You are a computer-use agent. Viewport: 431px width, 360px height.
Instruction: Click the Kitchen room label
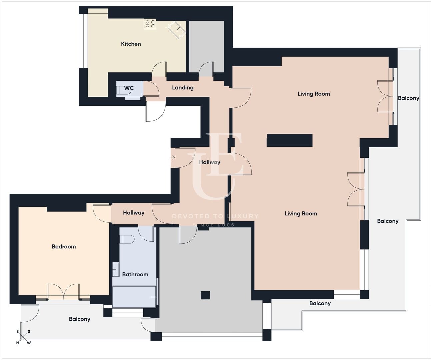tap(131, 44)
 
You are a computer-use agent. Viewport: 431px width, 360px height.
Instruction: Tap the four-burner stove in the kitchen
tap(150, 24)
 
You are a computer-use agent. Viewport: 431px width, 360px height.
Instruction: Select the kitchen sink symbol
tap(177, 30)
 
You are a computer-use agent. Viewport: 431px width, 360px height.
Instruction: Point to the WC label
tap(129, 88)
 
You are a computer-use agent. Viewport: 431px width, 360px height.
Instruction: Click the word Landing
tap(183, 88)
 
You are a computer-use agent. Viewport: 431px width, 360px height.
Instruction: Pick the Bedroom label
tap(64, 246)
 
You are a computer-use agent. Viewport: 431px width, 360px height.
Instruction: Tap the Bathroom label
tap(135, 274)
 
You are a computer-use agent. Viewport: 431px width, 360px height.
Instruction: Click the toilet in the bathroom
tap(127, 239)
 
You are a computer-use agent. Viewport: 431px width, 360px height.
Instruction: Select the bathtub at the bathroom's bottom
tap(134, 297)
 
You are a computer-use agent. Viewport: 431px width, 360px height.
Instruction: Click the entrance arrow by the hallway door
tap(173, 158)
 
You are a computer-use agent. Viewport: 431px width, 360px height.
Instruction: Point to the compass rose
tap(23, 337)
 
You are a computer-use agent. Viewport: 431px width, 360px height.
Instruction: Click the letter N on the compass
tap(18, 343)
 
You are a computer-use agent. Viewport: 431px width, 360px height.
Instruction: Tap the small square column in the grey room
tap(205, 295)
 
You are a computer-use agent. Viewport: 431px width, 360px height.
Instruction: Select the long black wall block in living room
tap(290, 140)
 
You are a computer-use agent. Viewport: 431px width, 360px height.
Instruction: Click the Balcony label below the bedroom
tap(80, 319)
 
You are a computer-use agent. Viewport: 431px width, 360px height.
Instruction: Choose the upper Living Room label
tap(314, 94)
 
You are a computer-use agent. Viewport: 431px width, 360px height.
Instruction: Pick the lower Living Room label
tap(301, 214)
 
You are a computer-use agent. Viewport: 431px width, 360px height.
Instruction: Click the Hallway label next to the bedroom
tap(134, 213)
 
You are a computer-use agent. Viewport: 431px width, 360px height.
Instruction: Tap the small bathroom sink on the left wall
tap(116, 269)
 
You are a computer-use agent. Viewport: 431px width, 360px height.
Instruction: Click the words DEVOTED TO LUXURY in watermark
tap(215, 216)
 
